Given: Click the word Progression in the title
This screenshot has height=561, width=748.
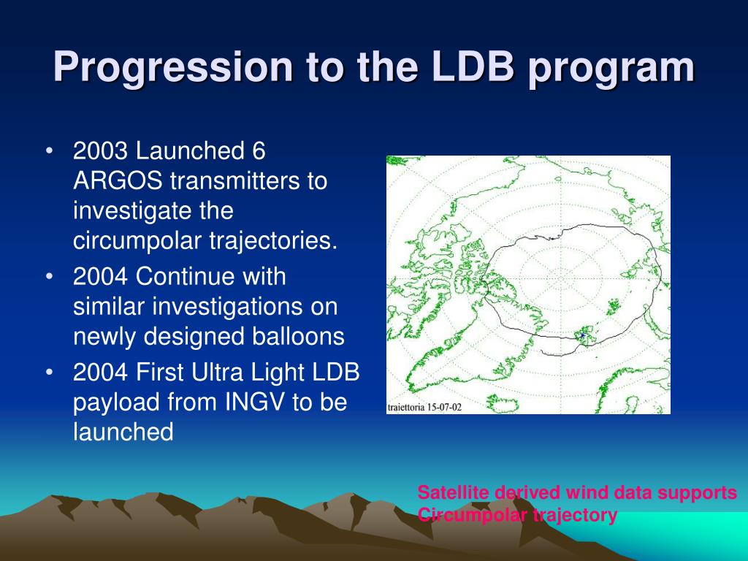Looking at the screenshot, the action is pos(172,68).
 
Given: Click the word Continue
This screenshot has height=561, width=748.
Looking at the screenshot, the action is pos(211,277).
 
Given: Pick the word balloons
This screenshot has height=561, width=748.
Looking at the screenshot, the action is pos(298,336).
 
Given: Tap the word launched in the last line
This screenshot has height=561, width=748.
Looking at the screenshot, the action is pos(123,432).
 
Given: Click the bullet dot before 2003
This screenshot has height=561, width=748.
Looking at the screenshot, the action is pos(49,151).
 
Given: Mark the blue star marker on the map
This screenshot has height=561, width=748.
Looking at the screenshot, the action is pos(582,335).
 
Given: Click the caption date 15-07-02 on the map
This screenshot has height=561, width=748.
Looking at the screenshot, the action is pos(443,408).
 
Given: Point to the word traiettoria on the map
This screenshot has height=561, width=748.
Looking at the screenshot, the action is pos(405,408).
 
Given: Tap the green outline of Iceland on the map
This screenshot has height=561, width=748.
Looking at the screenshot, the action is pos(502,403).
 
